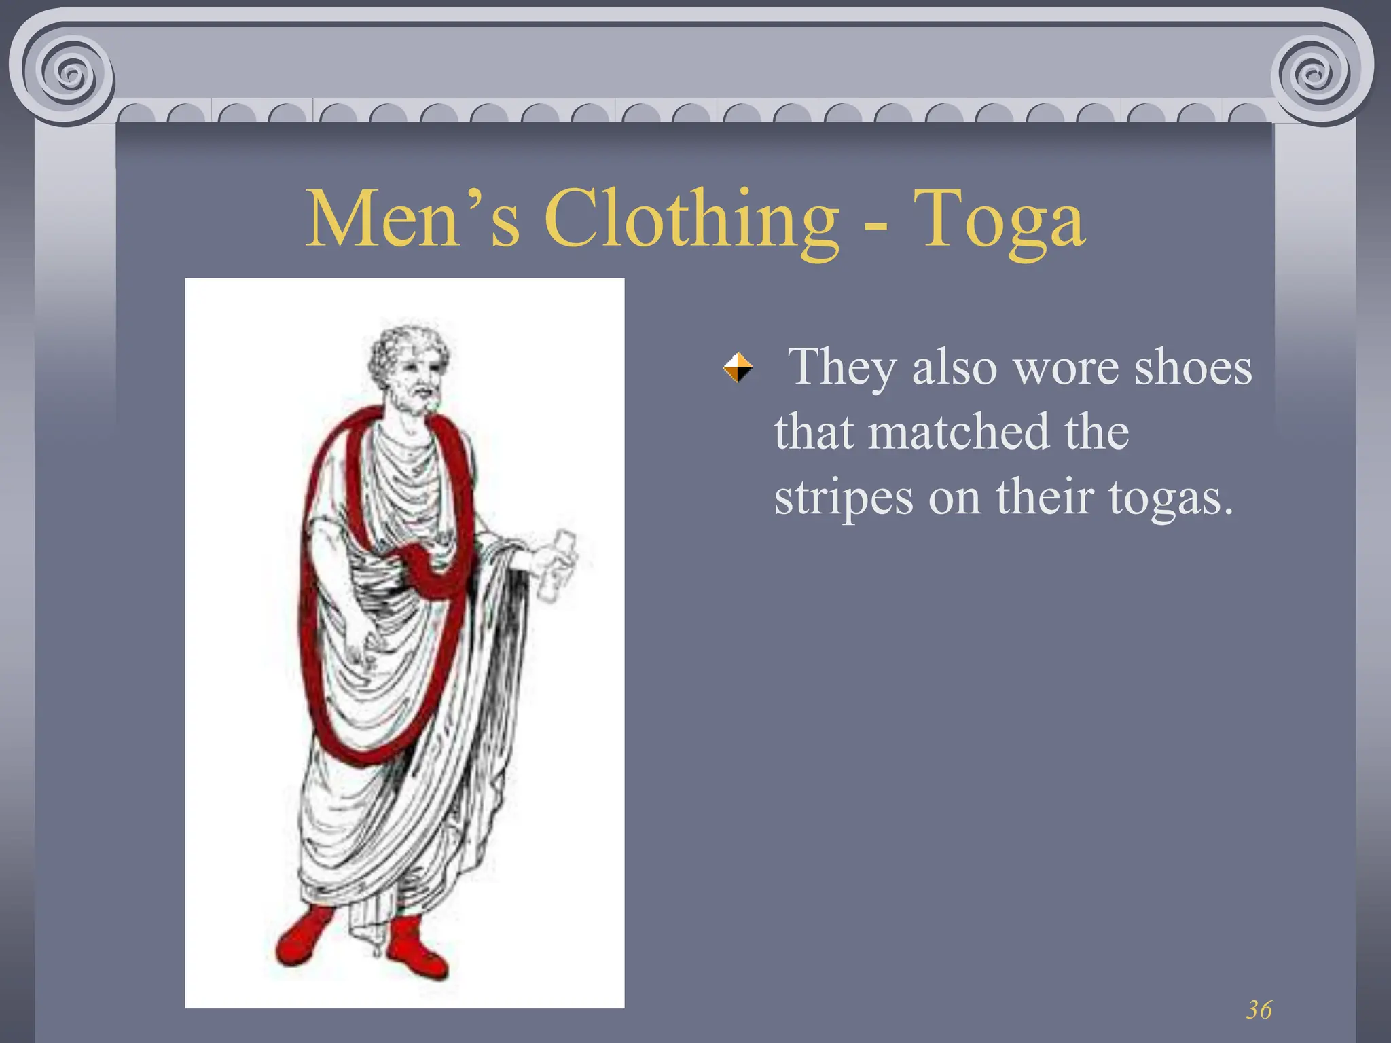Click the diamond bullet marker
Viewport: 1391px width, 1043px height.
coord(738,367)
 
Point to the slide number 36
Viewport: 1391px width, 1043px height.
coord(1259,1010)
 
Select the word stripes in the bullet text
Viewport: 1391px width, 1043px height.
coord(843,498)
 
